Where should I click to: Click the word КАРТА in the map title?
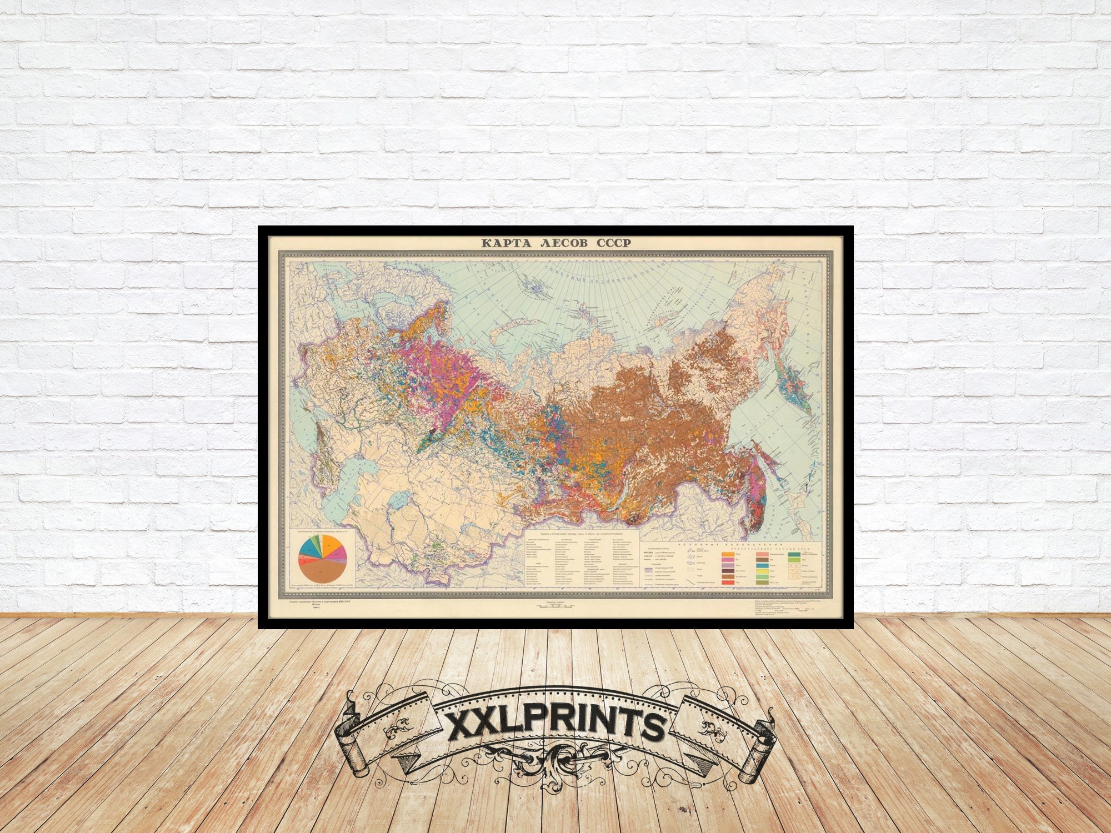click(506, 243)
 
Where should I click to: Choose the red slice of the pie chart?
click(305, 562)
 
